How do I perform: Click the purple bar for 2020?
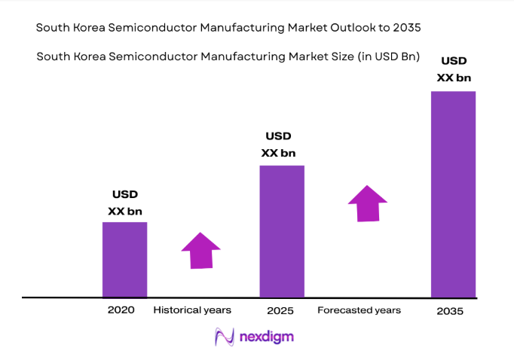pos(124,259)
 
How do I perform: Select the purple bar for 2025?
pos(282,230)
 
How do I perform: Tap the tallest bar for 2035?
pos(453,194)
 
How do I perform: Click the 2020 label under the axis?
pos(121,310)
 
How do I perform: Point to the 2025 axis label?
pos(280,310)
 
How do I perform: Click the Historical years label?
pos(192,310)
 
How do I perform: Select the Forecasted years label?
pos(359,310)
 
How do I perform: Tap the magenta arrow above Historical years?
pos(200,250)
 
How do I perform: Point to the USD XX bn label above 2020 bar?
pos(125,203)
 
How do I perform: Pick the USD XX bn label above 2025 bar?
pos(279,144)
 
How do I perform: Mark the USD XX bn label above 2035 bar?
pos(453,69)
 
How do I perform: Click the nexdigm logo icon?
pos(225,337)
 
